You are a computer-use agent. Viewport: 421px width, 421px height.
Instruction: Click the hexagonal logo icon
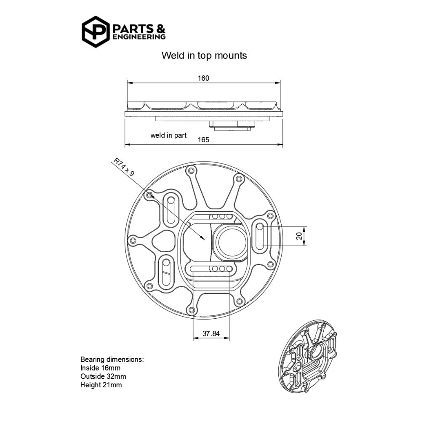click(x=96, y=32)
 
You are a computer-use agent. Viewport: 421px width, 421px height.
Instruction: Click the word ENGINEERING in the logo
click(x=139, y=37)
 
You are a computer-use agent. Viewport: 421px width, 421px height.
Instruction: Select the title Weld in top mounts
click(x=204, y=56)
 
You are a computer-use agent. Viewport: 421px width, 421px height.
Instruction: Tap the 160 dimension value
click(x=203, y=78)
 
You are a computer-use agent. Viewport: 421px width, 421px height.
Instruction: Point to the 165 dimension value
click(x=203, y=139)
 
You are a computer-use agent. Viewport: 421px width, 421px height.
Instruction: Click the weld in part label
click(x=168, y=136)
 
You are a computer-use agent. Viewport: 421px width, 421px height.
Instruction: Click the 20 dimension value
click(x=299, y=236)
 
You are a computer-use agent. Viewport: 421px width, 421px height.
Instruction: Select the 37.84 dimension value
click(x=211, y=333)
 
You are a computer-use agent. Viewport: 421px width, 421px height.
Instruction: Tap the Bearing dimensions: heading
click(x=112, y=360)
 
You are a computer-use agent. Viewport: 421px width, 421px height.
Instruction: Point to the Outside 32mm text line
click(x=103, y=376)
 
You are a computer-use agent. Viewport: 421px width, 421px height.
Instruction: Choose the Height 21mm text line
click(x=101, y=385)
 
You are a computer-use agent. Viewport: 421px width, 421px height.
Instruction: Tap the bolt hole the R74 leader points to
click(x=149, y=196)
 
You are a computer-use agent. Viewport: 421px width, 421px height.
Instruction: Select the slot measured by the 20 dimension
click(x=260, y=236)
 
